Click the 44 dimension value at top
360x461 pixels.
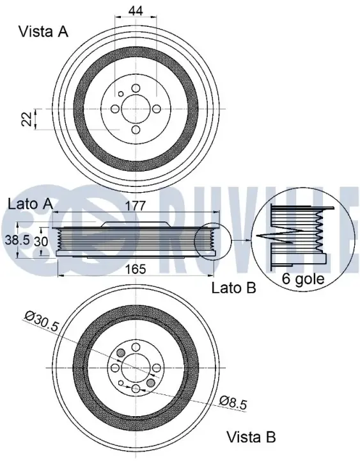[136, 11]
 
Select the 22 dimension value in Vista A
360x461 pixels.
[27, 119]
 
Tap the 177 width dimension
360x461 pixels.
[136, 206]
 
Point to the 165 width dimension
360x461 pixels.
[135, 269]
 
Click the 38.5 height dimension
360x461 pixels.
[18, 240]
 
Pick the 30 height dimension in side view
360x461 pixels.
[41, 241]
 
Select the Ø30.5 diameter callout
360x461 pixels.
[42, 322]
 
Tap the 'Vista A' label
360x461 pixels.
[43, 31]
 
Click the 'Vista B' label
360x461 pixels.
[251, 437]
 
